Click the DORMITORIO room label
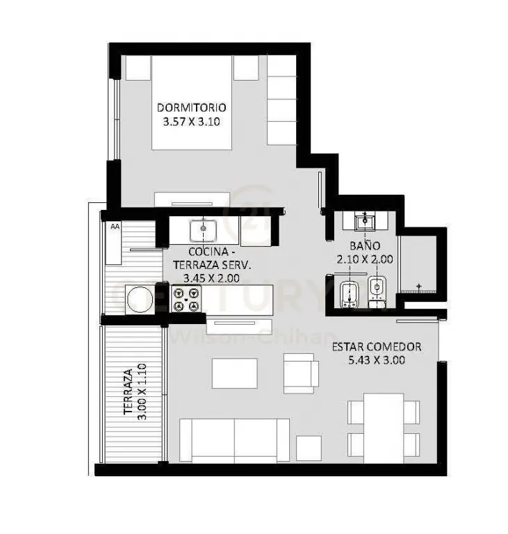pos(191,108)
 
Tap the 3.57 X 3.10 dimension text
pos(191,122)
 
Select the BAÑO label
pos(365,245)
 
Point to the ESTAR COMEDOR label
pos(377,347)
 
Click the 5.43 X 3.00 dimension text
pos(377,360)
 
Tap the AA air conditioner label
pos(115,226)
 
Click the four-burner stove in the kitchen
pos(186,299)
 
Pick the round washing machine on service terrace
pos(140,300)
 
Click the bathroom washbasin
pos(365,220)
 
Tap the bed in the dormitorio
pos(192,102)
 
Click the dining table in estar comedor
pos(384,428)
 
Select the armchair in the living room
pos(301,373)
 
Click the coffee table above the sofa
pos(235,373)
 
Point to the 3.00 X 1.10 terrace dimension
pos(142,391)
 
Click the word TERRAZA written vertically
pos(128,391)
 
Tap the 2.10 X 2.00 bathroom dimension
pos(365,259)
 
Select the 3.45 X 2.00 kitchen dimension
pos(211,278)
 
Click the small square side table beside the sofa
pos(309,448)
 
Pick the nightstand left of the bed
pos(138,67)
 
